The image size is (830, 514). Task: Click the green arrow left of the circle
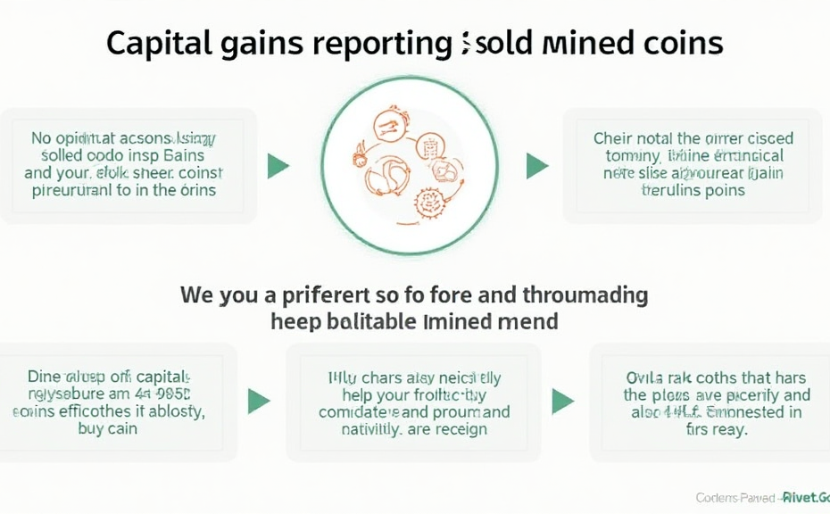[x=278, y=165]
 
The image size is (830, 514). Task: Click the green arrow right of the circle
[x=536, y=165]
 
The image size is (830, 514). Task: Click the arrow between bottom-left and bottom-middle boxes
[x=258, y=401]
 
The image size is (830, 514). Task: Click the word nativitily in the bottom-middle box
[x=361, y=429]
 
